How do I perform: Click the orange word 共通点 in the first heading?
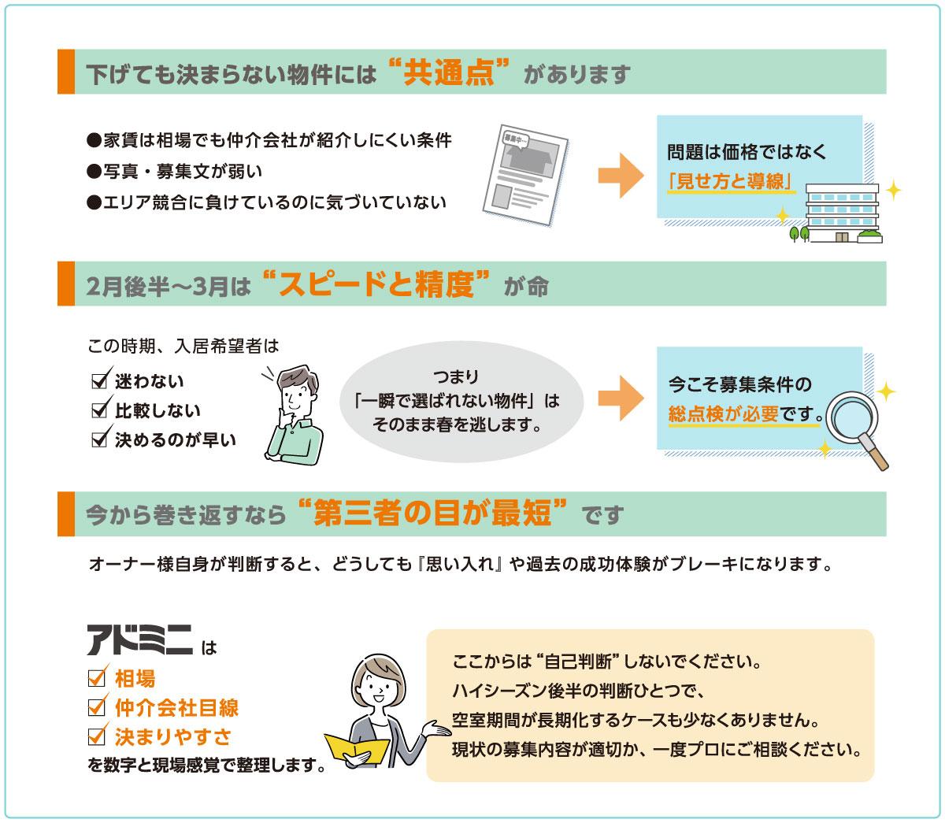[449, 73]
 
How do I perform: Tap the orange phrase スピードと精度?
[376, 284]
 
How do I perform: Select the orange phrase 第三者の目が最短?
[432, 513]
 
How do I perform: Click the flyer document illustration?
[525, 175]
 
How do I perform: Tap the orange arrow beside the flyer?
[621, 176]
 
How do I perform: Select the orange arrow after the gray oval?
[621, 398]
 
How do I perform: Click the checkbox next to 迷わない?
[101, 379]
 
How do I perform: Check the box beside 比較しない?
[101, 408]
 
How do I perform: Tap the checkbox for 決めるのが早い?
[101, 437]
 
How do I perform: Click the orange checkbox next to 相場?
[97, 677]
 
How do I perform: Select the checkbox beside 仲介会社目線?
[97, 705]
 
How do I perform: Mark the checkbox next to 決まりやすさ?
[97, 734]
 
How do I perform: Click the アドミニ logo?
[139, 639]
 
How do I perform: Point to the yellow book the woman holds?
[356, 751]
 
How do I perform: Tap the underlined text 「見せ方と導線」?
[731, 181]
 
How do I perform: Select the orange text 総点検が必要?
[723, 413]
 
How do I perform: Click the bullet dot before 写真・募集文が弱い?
[94, 172]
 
